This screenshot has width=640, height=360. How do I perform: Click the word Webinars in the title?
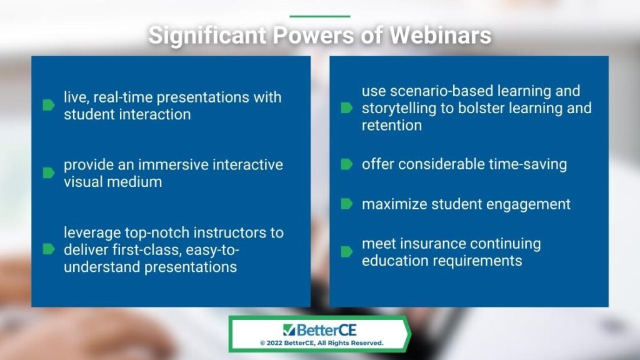click(x=440, y=35)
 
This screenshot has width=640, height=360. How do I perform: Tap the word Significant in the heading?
click(x=207, y=36)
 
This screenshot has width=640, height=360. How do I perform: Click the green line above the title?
click(x=320, y=16)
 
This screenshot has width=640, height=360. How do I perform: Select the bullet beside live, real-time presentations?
click(x=49, y=105)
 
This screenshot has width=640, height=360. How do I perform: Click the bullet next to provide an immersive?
click(x=49, y=173)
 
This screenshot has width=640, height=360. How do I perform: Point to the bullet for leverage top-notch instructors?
click(x=49, y=249)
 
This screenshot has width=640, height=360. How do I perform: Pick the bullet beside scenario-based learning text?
click(x=346, y=107)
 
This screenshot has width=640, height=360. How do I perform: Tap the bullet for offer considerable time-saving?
click(x=346, y=164)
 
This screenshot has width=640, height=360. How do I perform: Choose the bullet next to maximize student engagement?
click(x=346, y=204)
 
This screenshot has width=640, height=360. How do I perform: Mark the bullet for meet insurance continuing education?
click(x=346, y=251)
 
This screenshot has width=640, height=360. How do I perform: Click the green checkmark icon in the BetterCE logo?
click(x=289, y=330)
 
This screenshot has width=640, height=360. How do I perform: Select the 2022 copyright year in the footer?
click(x=274, y=343)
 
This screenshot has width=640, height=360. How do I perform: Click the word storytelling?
click(x=394, y=108)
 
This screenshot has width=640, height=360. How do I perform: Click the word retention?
click(x=392, y=125)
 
